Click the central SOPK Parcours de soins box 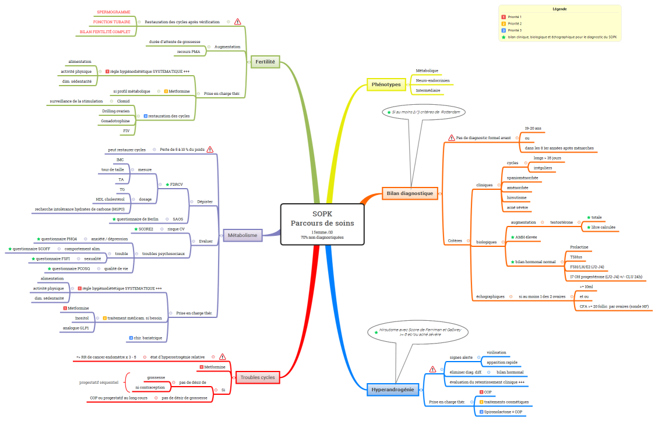click(x=322, y=224)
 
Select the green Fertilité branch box click(x=266, y=61)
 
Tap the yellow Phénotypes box click(x=386, y=84)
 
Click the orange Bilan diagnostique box click(x=410, y=193)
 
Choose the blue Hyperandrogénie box click(x=393, y=390)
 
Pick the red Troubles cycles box click(x=258, y=377)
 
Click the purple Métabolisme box click(x=242, y=235)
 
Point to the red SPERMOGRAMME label click(x=114, y=12)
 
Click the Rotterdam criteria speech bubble click(x=423, y=112)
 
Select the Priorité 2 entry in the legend click(x=515, y=23)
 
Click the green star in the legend click(x=504, y=37)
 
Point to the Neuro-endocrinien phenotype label click(x=432, y=80)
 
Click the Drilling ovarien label click(x=116, y=111)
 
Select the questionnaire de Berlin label click(x=138, y=219)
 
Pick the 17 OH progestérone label click(x=606, y=277)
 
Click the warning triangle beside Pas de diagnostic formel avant click(x=452, y=138)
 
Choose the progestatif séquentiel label click(x=99, y=383)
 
